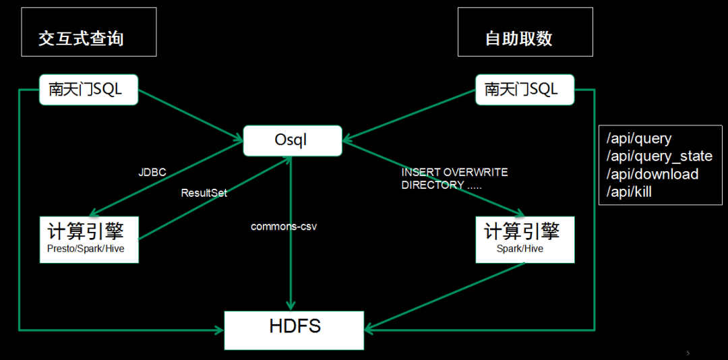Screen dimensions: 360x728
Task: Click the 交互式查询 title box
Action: tap(88, 32)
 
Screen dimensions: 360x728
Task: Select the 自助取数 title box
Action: tap(525, 32)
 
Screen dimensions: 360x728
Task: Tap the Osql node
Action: tap(291, 140)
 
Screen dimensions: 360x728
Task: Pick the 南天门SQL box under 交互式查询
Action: tap(88, 89)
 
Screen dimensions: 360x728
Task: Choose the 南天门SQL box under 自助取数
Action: tap(525, 89)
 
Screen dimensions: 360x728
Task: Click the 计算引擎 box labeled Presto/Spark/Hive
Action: tap(88, 239)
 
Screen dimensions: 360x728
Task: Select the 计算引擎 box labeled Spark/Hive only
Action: tap(525, 239)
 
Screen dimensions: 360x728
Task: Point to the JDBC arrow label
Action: tap(152, 173)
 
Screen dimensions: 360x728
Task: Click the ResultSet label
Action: tap(204, 193)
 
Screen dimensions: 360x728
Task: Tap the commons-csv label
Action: tap(284, 227)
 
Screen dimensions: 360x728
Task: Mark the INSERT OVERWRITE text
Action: tap(454, 173)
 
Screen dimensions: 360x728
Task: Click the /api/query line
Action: tap(639, 139)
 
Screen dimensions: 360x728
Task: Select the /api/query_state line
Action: tap(659, 156)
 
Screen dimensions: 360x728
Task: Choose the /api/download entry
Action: tap(653, 174)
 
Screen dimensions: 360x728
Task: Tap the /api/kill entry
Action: tap(629, 192)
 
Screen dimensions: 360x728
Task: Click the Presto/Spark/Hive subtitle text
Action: tap(86, 249)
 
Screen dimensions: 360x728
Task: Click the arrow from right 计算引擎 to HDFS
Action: tap(445, 296)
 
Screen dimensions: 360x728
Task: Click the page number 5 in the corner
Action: tap(688, 353)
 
